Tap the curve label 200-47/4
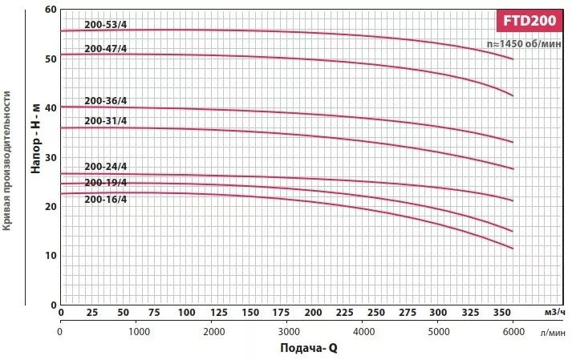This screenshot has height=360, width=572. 105,49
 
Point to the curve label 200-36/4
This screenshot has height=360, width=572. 105,101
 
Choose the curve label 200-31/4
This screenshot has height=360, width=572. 105,121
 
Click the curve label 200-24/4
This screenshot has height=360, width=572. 105,167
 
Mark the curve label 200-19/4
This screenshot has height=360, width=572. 105,183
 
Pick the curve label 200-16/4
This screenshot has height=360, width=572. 105,199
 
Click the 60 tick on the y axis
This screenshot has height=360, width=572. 51,10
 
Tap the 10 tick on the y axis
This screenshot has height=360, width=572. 51,256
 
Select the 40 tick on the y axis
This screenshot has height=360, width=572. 51,108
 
